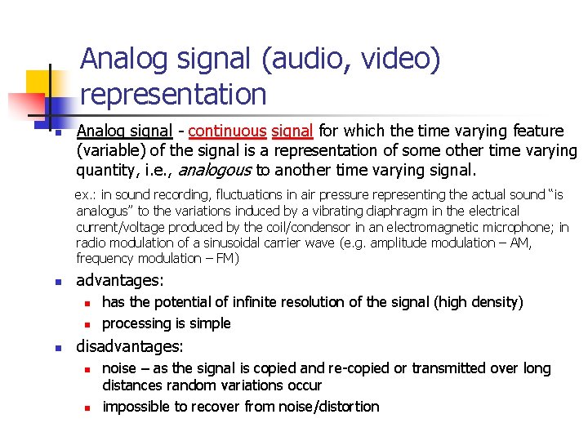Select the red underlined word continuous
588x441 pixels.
[227, 131]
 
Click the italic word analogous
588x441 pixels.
[216, 170]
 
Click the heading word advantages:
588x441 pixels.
[120, 280]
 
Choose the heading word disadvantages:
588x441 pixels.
[130, 345]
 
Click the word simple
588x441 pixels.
[210, 323]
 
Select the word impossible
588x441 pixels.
[136, 406]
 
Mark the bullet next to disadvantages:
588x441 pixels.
[59, 347]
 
